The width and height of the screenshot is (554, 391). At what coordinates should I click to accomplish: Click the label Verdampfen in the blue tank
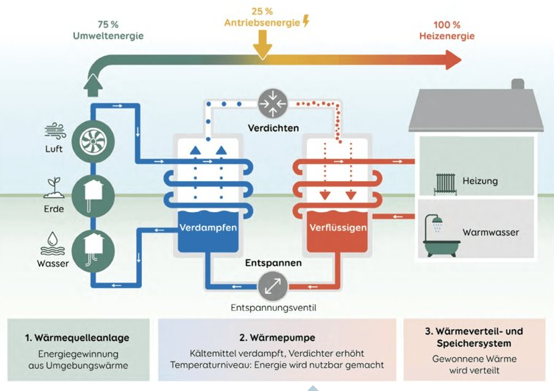coord(208,228)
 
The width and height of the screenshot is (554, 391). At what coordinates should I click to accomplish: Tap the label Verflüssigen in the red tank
coord(337,228)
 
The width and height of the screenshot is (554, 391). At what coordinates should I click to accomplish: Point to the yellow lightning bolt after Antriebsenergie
coord(306,21)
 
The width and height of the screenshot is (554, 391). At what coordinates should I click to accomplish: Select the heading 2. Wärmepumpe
coord(277,338)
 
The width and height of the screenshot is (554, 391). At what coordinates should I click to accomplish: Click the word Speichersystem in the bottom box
coord(472,344)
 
